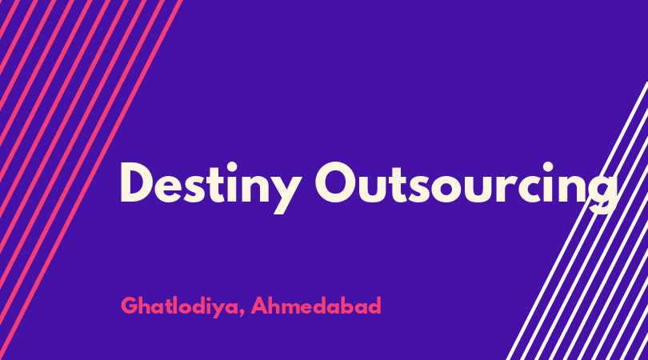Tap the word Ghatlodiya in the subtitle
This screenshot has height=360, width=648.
click(179, 306)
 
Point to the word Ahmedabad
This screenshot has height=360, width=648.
click(316, 306)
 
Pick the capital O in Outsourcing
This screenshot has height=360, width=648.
click(336, 182)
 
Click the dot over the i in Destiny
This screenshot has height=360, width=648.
click(232, 167)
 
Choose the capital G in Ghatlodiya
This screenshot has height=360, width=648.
click(130, 306)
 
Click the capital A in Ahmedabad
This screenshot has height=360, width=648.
click(260, 306)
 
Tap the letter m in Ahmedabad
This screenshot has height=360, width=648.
click(296, 308)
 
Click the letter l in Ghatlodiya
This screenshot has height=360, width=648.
click(178, 305)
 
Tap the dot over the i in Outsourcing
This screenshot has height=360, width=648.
click(548, 167)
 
